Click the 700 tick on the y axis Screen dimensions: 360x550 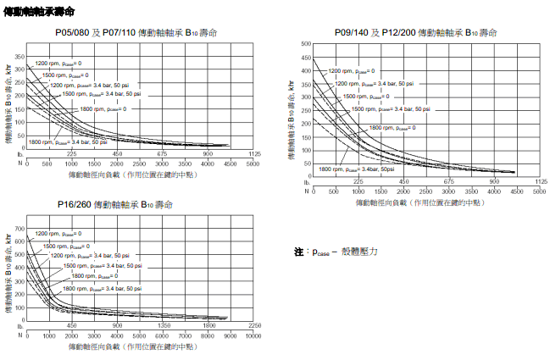[19, 218]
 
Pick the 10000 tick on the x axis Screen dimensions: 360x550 [253, 337]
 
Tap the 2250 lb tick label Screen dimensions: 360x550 [253, 326]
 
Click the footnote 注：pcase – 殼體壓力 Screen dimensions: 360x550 [336, 252]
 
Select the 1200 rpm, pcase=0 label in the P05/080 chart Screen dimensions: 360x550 [58, 64]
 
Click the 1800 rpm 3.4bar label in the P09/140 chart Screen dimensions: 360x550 [357, 169]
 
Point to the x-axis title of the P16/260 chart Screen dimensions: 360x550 [132, 347]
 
